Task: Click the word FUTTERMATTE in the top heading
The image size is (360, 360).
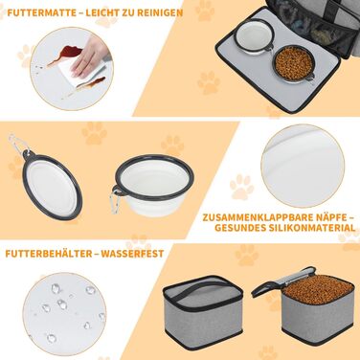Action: [42, 12]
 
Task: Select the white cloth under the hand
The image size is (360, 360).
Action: [83, 72]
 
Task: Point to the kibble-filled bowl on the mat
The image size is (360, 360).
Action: [293, 64]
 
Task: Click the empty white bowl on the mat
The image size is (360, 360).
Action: [254, 36]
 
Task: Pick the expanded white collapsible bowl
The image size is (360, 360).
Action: [154, 184]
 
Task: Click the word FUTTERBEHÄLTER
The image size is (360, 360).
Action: [48, 254]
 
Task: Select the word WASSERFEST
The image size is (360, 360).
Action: [132, 254]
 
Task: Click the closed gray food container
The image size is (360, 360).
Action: [203, 313]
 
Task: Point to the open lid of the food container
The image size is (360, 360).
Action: [280, 280]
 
